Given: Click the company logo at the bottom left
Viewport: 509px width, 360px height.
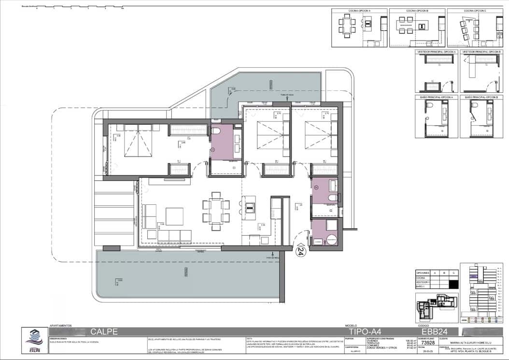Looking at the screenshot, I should [x=34, y=340].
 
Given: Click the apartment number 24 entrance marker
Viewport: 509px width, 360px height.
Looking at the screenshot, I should [x=300, y=251].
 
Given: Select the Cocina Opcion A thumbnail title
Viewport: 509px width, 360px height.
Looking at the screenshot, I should [x=359, y=11].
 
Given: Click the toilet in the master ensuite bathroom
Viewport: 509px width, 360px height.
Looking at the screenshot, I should [x=216, y=131].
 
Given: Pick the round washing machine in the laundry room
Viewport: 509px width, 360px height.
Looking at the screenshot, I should [x=331, y=239].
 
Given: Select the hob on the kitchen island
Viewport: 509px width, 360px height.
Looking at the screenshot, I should [x=250, y=207].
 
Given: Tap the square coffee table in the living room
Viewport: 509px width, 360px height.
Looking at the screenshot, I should [x=174, y=216].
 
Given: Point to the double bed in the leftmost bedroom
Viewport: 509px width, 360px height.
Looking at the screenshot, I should [x=138, y=141].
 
